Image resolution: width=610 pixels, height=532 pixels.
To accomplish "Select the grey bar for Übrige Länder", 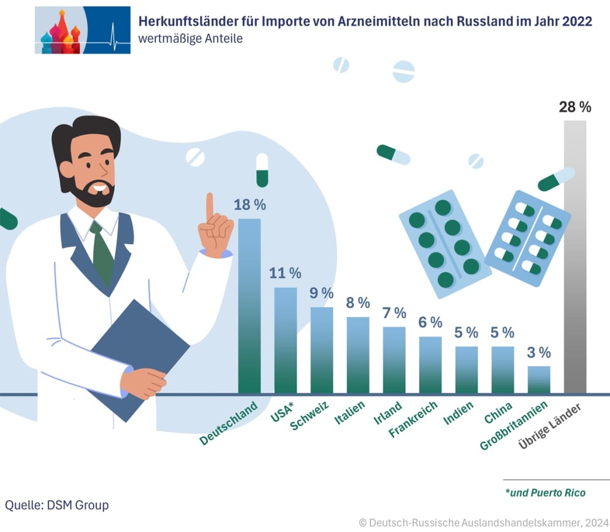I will click(x=575, y=257).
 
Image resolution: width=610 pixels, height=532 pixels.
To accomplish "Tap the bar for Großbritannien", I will click(x=539, y=379).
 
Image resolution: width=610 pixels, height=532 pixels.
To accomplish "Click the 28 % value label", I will click(x=575, y=107).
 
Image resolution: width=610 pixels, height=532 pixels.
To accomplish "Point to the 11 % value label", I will click(x=285, y=273).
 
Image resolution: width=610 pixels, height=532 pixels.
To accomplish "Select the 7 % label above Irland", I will click(x=394, y=313).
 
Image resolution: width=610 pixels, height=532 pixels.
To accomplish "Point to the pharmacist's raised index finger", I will click(x=210, y=206).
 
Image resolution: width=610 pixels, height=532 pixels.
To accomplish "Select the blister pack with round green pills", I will click(x=444, y=244).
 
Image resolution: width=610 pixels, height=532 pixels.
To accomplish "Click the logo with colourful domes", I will click(x=82, y=30).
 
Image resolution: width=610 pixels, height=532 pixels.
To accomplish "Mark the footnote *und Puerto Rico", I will click(x=544, y=493).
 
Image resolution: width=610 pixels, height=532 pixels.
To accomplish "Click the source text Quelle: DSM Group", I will click(x=57, y=505).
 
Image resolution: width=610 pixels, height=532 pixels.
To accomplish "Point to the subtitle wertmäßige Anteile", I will click(x=190, y=39).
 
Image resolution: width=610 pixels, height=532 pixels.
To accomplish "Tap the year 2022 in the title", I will click(x=575, y=21).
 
